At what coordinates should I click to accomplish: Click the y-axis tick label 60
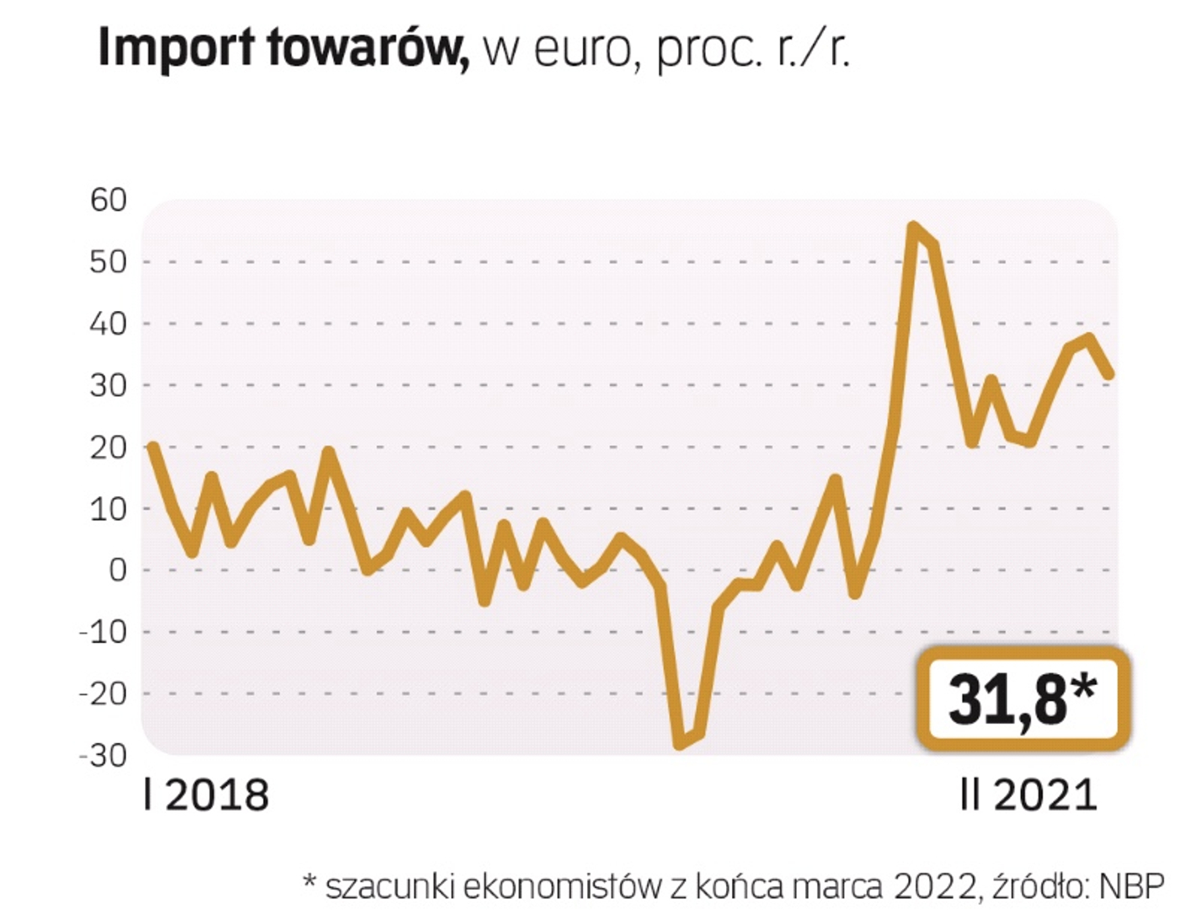[x=109, y=200]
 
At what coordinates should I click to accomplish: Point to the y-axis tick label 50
[x=109, y=261]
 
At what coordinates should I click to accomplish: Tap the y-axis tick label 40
[x=109, y=324]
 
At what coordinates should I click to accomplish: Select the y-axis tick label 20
[x=109, y=447]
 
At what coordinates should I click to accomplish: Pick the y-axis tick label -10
[x=103, y=632]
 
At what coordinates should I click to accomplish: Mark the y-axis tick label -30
[x=103, y=755]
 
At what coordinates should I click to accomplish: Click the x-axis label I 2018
[x=205, y=795]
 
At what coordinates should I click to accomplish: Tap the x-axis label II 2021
[x=1028, y=795]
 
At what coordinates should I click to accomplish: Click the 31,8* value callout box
[x=1022, y=698]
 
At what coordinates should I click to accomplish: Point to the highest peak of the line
[x=913, y=227]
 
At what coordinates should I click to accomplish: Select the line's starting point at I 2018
[x=152, y=447]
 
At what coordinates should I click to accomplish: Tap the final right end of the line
[x=1109, y=374]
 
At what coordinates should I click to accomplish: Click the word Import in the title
[x=176, y=48]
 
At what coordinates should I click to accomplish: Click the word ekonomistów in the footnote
[x=562, y=886]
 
